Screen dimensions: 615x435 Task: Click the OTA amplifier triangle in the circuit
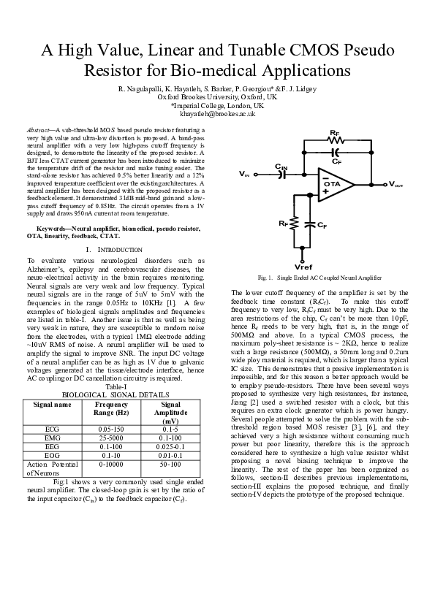pos(333,184)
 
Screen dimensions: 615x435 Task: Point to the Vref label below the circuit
pos(302,267)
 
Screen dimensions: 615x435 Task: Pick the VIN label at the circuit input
pos(244,175)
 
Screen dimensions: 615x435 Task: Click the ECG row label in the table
pos(53,429)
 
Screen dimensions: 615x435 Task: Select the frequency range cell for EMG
pos(111,438)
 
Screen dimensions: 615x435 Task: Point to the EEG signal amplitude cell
pos(170,446)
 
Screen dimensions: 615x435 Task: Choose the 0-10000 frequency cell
pos(111,463)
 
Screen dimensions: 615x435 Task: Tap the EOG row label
pos(53,454)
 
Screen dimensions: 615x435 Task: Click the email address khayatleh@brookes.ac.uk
pos(217,114)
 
